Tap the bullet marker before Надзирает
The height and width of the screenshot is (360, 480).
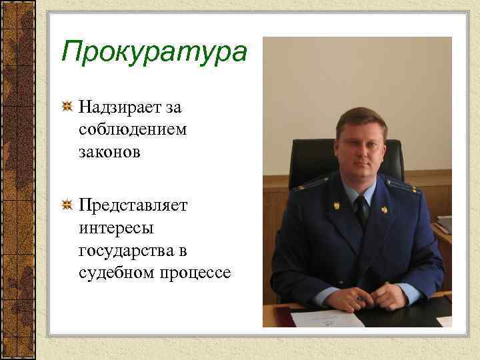click(67, 106)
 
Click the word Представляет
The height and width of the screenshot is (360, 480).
click(133, 205)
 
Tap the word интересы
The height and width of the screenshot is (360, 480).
click(116, 228)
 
